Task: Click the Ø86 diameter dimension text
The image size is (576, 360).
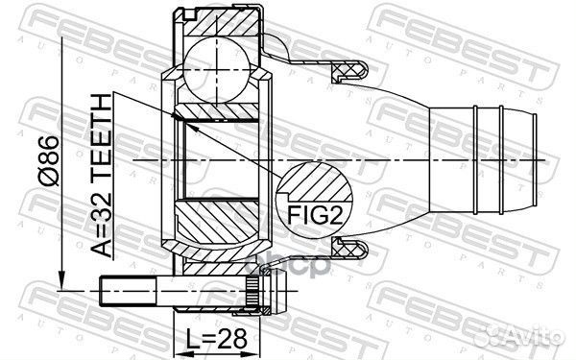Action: [x=50, y=161]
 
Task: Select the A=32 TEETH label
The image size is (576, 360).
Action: [x=101, y=176]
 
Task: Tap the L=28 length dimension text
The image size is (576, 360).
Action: [x=216, y=339]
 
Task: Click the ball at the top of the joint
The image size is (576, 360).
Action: [x=218, y=69]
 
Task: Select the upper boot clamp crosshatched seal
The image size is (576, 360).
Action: [x=349, y=70]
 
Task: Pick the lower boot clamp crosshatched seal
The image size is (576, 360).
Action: [x=349, y=251]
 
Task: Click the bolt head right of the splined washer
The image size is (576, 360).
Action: [x=278, y=291]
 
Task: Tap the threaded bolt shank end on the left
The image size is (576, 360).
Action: [x=127, y=292]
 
